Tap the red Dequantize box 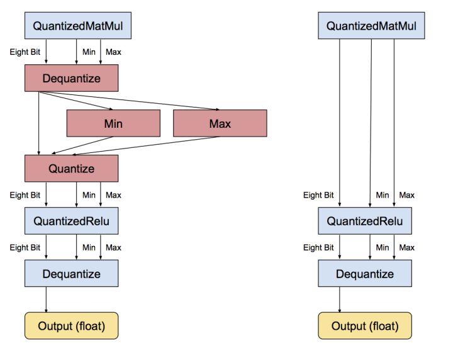(x=71, y=78)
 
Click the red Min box (x=113, y=123)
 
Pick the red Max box (x=220, y=123)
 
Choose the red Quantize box (x=71, y=168)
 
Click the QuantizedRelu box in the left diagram (x=71, y=221)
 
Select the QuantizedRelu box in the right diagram (x=364, y=221)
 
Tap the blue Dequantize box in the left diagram (x=71, y=274)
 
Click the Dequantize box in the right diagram (x=364, y=274)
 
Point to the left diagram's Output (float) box (x=71, y=325)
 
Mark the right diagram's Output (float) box (x=364, y=325)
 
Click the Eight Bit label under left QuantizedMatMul (x=27, y=52)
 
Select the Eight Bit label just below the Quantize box (x=27, y=195)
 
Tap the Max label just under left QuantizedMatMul (x=113, y=52)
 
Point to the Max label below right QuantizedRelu (x=407, y=247)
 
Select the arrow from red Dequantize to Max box (x=132, y=101)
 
